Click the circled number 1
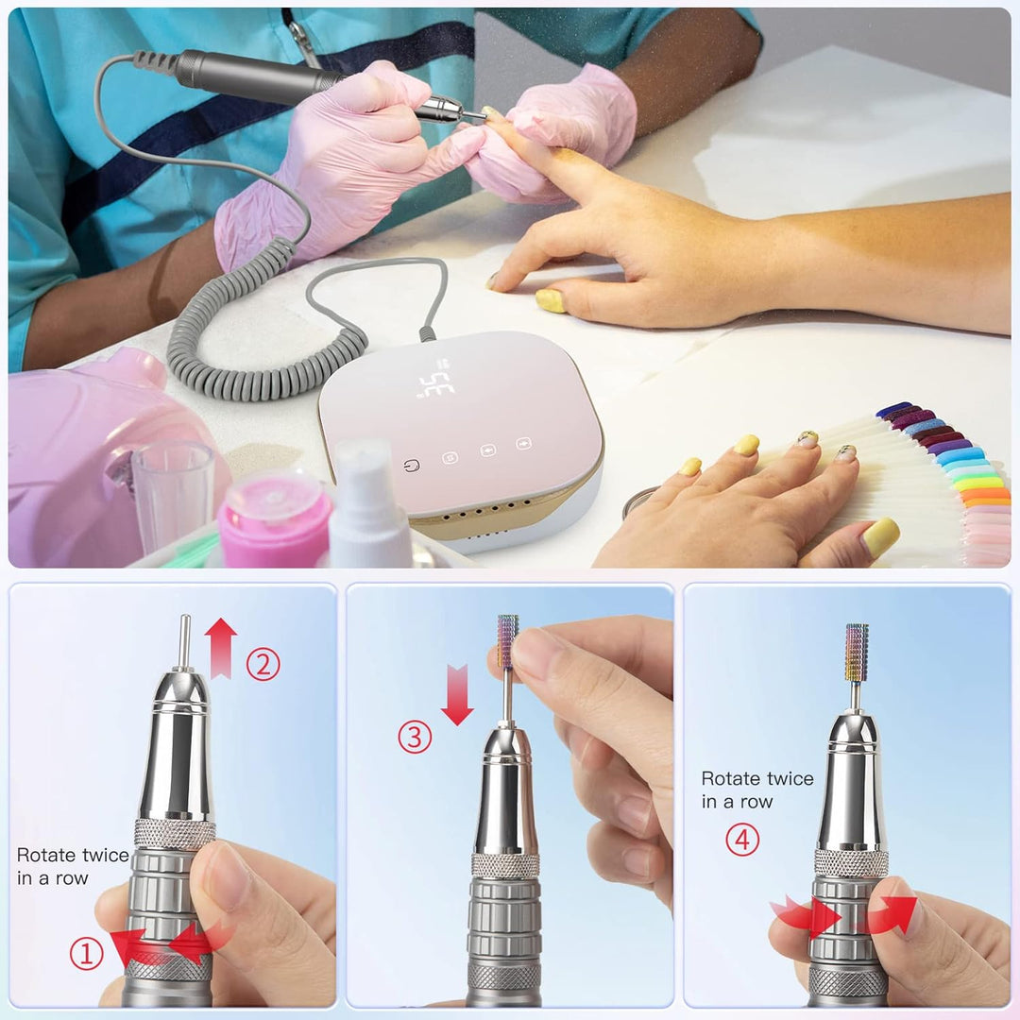point(86,955)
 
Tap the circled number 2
point(263,665)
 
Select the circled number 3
point(415,737)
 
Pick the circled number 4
point(742,840)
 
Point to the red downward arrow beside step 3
point(457,693)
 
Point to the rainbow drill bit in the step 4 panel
point(857,653)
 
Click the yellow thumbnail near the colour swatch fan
point(880,537)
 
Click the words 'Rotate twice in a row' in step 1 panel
point(73,866)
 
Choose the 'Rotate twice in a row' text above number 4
point(756,790)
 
